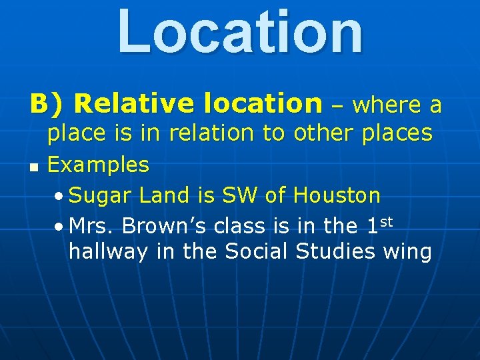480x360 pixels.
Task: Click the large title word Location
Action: tap(240, 31)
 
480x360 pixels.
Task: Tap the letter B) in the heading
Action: tap(47, 104)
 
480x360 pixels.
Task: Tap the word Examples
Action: tap(99, 165)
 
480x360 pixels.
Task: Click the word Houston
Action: tap(337, 195)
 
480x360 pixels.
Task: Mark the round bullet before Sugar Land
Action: tap(60, 197)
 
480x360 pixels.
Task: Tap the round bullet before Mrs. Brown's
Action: tap(60, 227)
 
